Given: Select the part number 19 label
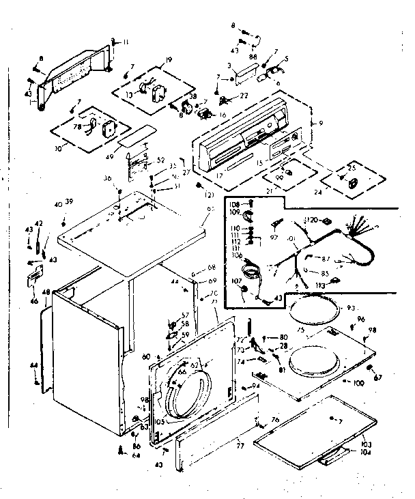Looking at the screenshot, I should point(169,61).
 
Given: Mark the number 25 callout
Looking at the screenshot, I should point(352,168).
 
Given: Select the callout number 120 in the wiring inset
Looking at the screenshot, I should point(313,220).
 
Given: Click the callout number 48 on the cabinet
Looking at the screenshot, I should point(46,293).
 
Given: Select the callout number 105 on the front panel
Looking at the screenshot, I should point(160,420).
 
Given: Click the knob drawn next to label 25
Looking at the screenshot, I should point(353,184).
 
